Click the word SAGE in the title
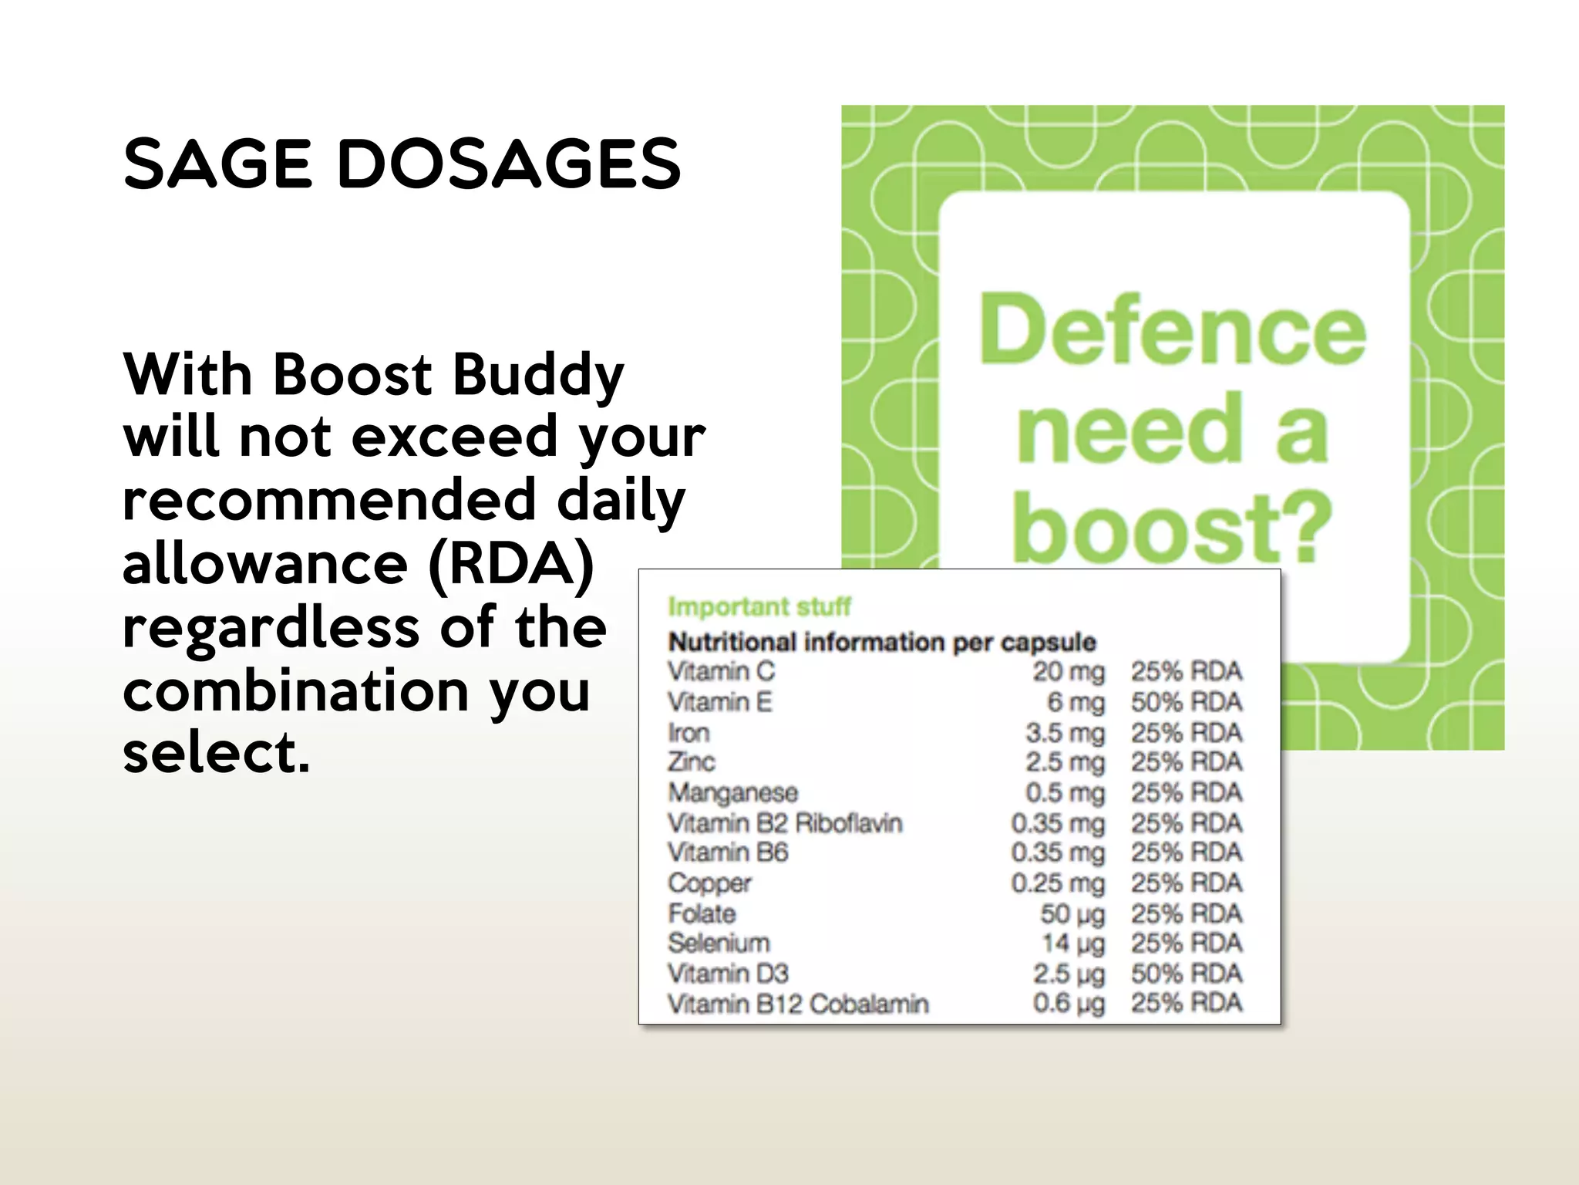(217, 164)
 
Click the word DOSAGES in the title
(509, 164)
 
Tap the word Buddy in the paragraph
(537, 376)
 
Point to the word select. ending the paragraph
(216, 752)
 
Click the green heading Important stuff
(759, 607)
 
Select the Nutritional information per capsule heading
(882, 642)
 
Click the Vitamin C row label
(722, 671)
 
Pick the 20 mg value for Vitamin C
(1069, 671)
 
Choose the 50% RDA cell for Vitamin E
(1187, 702)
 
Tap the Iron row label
(688, 732)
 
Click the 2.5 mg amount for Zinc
(1065, 762)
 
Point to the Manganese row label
(733, 792)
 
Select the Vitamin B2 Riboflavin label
(785, 823)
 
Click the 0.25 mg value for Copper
(1058, 883)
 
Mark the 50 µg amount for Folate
(1072, 913)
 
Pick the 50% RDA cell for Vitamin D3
(1187, 974)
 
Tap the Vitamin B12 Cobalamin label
(798, 1004)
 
